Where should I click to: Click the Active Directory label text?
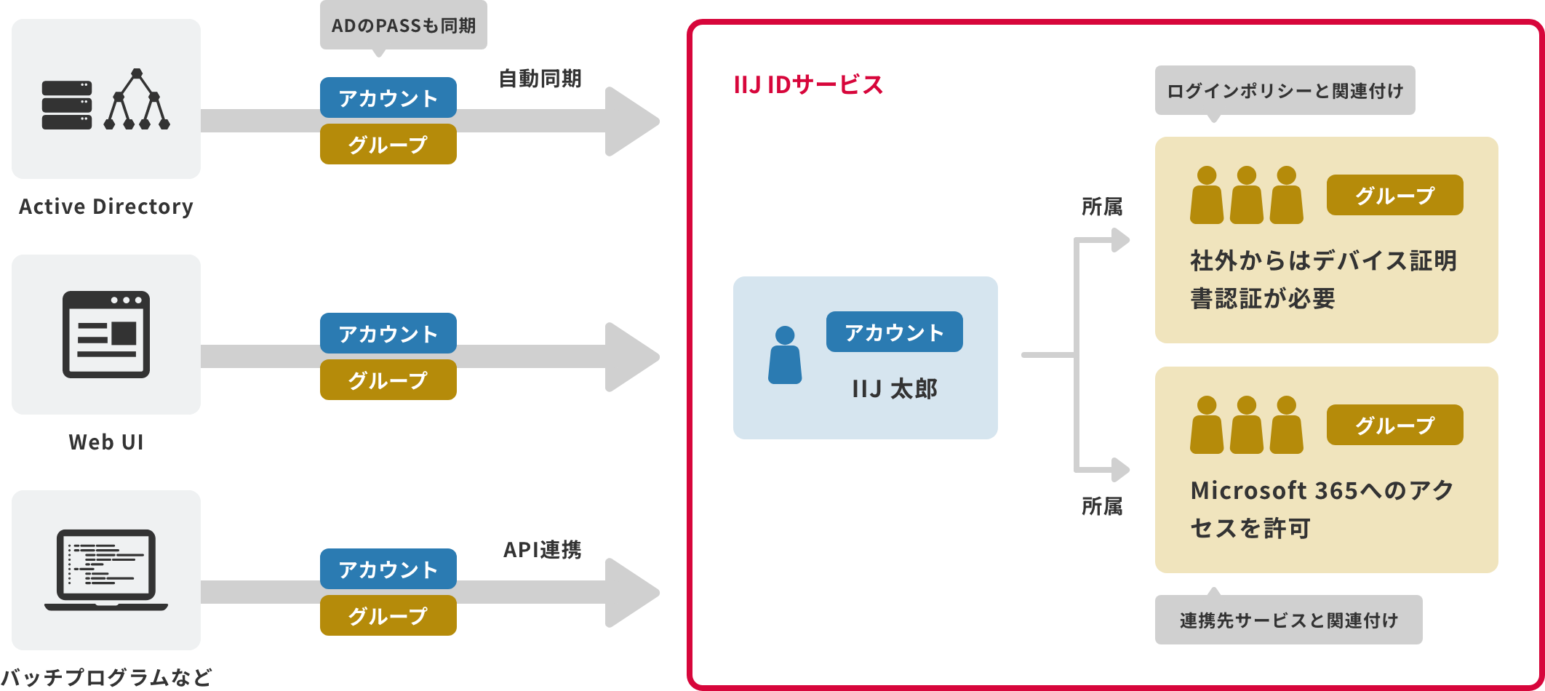pos(106,207)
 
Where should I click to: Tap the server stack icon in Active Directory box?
pos(67,105)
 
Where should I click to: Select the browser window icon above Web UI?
pos(106,334)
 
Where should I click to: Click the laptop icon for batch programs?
pos(106,570)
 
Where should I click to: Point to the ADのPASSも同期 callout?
pos(403,25)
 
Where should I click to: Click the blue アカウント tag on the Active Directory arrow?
pos(388,97)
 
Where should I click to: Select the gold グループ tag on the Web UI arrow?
pos(388,380)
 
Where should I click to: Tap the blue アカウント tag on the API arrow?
pos(388,569)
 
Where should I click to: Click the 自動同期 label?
pos(540,79)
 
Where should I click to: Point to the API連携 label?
pos(542,550)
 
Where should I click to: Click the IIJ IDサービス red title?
pos(807,85)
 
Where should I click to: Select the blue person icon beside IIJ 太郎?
pos(785,355)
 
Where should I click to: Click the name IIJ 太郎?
pos(894,389)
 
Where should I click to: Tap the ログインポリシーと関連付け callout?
pos(1285,91)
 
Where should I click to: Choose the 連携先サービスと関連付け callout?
pos(1288,620)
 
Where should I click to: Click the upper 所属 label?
pos(1101,207)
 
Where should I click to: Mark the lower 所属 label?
pos(1101,506)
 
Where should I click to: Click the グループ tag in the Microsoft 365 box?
pos(1394,425)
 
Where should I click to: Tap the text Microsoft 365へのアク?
pos(1322,490)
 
